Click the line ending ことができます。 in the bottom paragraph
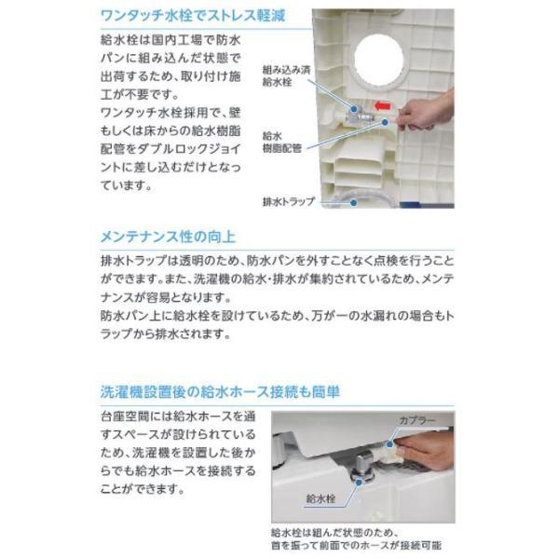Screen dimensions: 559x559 [x=140, y=488]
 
